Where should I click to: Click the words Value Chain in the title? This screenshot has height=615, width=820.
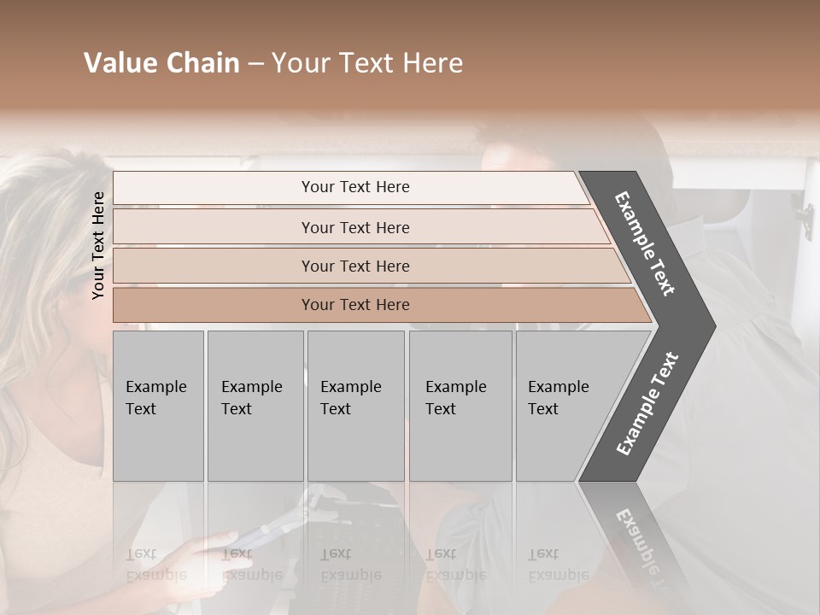tap(161, 63)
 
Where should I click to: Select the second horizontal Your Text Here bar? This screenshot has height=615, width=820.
tap(355, 227)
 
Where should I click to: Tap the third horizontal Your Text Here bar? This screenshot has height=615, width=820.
tap(355, 266)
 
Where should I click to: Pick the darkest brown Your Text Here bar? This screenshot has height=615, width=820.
tap(355, 305)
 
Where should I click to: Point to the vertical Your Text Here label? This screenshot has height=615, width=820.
tap(98, 245)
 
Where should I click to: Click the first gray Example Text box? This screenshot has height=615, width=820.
tap(158, 405)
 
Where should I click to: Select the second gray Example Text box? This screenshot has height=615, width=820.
tap(255, 405)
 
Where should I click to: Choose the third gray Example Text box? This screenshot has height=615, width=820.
tap(355, 405)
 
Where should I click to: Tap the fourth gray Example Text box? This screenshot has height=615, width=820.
tap(460, 405)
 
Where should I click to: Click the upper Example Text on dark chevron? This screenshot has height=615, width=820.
tap(645, 243)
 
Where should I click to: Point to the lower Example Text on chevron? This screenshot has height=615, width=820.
tap(647, 403)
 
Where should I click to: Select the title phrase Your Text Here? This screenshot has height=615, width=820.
tap(367, 63)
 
